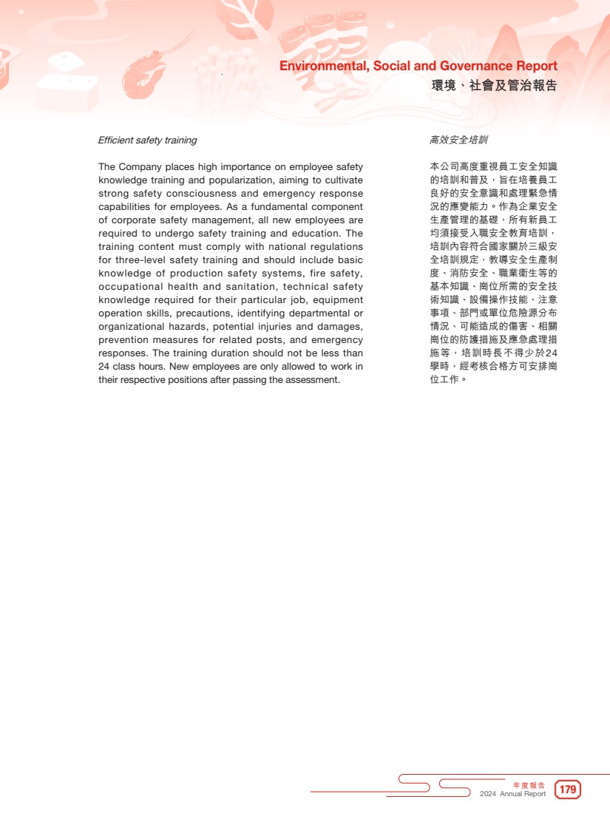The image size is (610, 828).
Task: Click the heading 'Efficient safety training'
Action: pos(147,140)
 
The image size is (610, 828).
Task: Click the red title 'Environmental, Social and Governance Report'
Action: pos(418,67)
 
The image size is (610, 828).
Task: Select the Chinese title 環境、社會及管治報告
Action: pos(494,86)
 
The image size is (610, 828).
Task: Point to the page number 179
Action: pos(568,790)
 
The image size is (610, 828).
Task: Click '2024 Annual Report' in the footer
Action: pos(512,794)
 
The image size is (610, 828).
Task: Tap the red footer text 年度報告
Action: pos(529,784)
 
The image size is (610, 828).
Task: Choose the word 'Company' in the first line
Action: pos(139,167)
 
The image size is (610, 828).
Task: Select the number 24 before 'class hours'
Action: pos(104,367)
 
